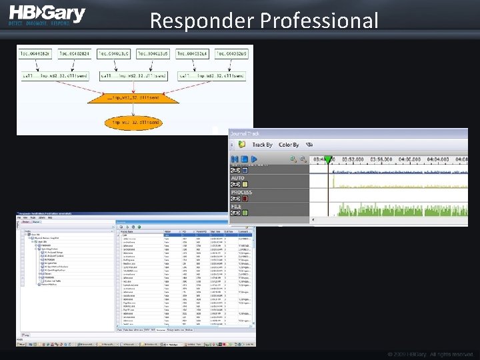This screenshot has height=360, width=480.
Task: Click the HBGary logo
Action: (x=47, y=15)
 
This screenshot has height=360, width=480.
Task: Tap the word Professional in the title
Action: (x=319, y=21)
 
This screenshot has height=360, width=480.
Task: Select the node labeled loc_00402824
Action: (x=75, y=53)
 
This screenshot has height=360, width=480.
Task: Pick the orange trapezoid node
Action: (x=133, y=98)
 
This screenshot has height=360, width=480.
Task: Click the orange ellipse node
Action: (x=133, y=123)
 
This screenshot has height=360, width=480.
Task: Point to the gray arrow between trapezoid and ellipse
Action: (x=133, y=110)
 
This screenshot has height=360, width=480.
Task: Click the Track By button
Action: (x=262, y=145)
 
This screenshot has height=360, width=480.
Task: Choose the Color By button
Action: (x=289, y=145)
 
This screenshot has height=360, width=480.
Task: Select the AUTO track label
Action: (x=237, y=178)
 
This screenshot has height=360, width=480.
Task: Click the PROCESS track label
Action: (x=241, y=192)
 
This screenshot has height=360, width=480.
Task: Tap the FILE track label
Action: (x=237, y=206)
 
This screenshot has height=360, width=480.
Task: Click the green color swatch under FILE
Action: (x=245, y=213)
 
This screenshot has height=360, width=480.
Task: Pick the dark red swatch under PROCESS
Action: (x=245, y=199)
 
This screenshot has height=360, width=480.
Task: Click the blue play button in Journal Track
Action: (x=253, y=159)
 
